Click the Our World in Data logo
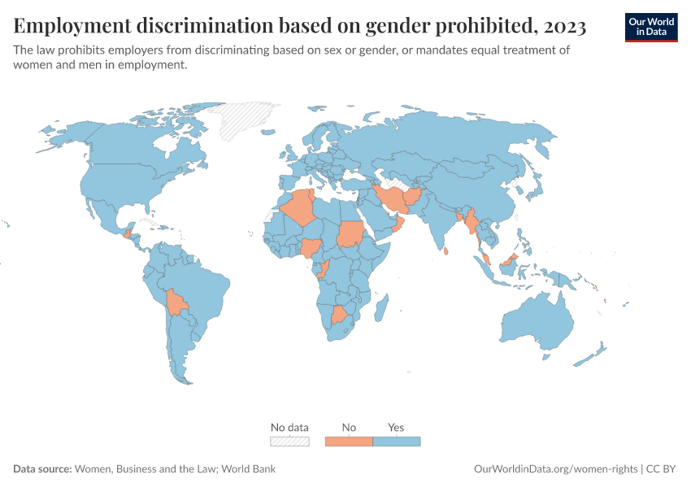pos(651,27)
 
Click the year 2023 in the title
pos(562,27)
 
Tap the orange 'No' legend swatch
pos(349,442)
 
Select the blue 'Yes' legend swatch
pos(396,442)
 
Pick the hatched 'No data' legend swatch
pos(289,442)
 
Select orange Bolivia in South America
pos(175,303)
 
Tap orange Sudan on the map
pos(350,235)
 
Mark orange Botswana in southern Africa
pos(340,315)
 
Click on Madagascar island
pos(379,308)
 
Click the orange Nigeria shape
pos(311,248)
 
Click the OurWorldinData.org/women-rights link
pos(555,469)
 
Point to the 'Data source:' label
pos(42,469)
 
